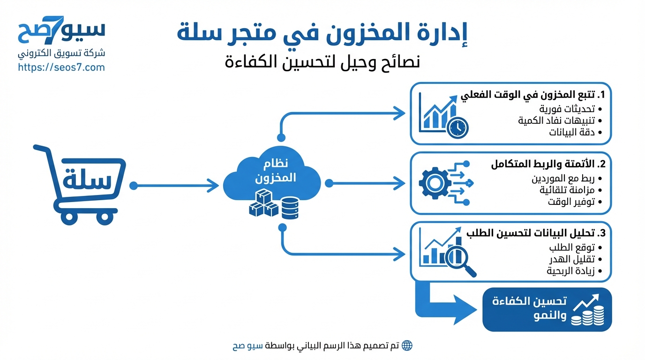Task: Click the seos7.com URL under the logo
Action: (61, 67)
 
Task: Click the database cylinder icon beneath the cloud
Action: (290, 209)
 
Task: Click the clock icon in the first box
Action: (457, 127)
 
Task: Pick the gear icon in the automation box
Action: (434, 183)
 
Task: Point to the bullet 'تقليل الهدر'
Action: (572, 259)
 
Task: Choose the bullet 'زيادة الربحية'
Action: (570, 271)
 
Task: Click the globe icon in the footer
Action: (407, 346)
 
